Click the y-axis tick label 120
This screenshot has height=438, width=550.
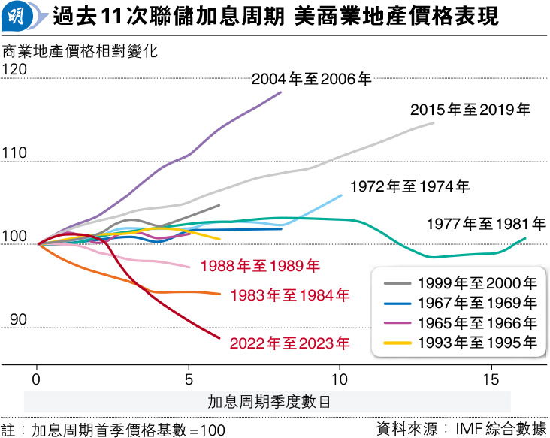(15, 70)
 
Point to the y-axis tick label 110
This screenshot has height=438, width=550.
(15, 153)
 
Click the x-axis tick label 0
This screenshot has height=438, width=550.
(36, 377)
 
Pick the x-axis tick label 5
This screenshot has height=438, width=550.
(189, 377)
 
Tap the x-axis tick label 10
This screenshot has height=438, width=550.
(340, 377)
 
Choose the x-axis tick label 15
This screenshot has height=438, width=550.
(491, 377)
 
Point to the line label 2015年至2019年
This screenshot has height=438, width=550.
(470, 110)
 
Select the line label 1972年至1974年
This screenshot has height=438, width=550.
(409, 186)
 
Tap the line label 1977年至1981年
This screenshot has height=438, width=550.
(486, 224)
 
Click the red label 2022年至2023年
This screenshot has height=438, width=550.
(290, 344)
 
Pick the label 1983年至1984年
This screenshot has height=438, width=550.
(290, 295)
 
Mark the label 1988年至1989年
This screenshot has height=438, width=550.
(260, 265)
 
